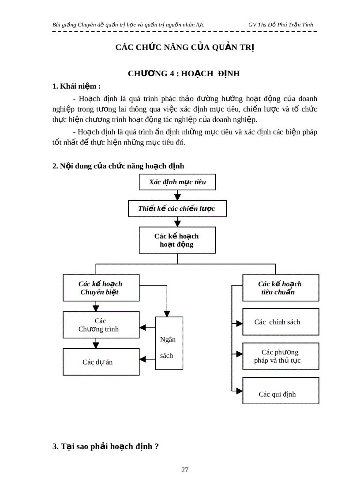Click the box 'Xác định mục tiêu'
[177, 182]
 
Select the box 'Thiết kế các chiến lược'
[177, 208]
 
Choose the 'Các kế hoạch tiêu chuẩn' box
[281, 288]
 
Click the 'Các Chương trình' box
[101, 325]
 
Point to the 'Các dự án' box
[101, 362]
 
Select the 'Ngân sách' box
[169, 343]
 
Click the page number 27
[185, 470]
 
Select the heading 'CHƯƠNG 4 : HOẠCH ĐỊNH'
[184, 74]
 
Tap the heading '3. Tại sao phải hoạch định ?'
[105, 446]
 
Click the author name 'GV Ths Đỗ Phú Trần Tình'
[281, 25]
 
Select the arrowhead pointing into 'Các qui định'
[239, 391]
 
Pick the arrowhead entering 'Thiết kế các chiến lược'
[177, 197]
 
